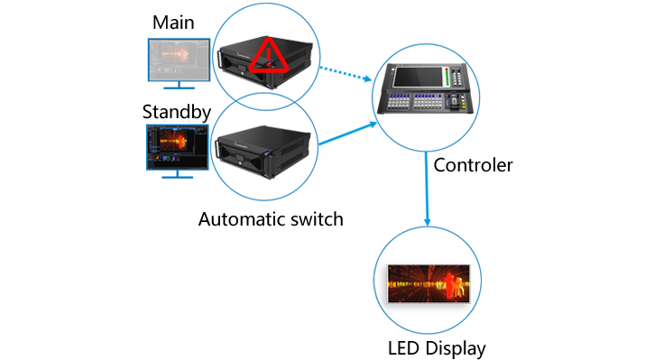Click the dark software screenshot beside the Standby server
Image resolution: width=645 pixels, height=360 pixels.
tap(177, 147)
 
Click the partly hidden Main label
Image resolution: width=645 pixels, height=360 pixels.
tap(174, 21)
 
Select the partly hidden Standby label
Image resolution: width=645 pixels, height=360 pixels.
tap(178, 113)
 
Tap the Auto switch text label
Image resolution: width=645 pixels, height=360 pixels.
tap(271, 217)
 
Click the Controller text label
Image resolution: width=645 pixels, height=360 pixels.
tap(474, 165)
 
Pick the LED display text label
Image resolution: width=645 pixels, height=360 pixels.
tap(438, 347)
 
